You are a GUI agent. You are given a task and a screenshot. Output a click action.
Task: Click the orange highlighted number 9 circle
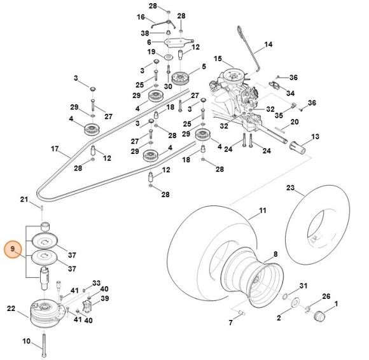point(13,249)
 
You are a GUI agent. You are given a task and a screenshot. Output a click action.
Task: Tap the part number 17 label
point(55,149)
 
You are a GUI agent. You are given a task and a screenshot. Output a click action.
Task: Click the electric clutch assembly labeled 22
point(46,313)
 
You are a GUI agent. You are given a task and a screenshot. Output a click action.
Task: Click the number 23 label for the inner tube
point(290,188)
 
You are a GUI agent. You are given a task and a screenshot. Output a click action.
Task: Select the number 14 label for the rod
point(268,45)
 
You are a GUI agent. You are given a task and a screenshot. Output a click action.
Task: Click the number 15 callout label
point(218,59)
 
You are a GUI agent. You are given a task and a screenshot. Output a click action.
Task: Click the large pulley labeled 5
point(181,78)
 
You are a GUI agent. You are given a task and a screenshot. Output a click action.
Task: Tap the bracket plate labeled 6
point(178,43)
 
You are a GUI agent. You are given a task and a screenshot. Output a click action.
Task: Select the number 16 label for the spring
point(141,17)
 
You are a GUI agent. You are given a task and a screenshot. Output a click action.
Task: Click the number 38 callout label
point(145,33)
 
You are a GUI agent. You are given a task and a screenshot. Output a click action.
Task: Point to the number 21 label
point(24,200)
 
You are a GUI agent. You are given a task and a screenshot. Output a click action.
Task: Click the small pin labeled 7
point(242,312)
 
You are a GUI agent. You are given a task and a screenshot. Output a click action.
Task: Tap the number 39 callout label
point(105,298)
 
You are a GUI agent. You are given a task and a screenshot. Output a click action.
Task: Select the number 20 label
point(295,122)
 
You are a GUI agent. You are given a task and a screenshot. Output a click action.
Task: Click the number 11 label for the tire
point(262,211)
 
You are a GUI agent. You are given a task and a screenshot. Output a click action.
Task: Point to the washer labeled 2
point(295,303)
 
